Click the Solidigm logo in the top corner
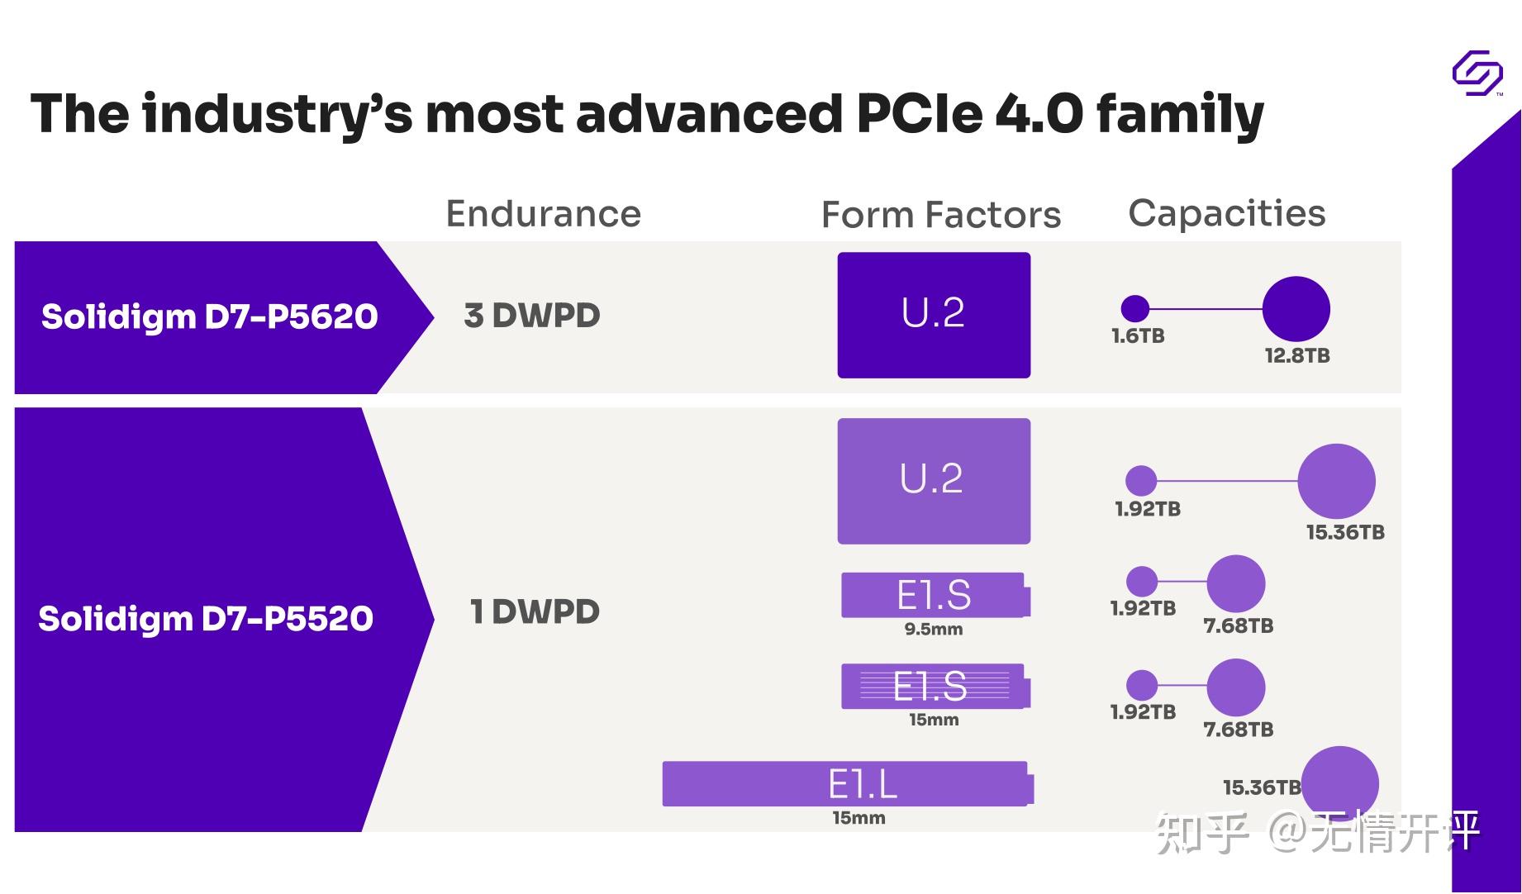click(1477, 74)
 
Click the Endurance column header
click(543, 214)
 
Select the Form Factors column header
click(940, 215)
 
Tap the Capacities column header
click(1226, 213)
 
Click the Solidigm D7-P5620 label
click(209, 316)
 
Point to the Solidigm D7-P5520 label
click(206, 619)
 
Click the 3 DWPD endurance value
click(531, 316)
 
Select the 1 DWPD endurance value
click(534, 612)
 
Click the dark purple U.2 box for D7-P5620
click(933, 315)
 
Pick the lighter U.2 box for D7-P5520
click(933, 480)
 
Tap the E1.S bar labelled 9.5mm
click(935, 595)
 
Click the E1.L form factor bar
click(847, 783)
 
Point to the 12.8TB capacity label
click(1296, 356)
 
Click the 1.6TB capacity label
click(1137, 336)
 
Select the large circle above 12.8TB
click(1296, 309)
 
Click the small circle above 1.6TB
click(1134, 308)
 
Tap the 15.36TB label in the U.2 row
click(1344, 533)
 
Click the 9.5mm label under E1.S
click(933, 630)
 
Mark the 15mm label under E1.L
click(859, 818)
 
